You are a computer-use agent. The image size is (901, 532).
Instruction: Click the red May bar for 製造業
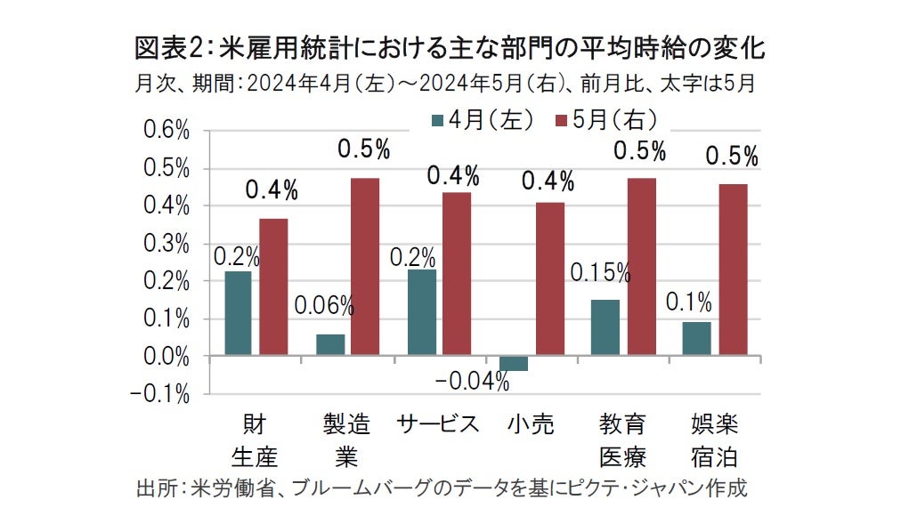pos(365,267)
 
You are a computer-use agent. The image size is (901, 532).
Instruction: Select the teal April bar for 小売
pos(514,363)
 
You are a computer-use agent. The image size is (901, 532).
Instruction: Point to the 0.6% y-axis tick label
pos(166,132)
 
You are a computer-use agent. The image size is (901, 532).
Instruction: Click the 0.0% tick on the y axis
pos(166,356)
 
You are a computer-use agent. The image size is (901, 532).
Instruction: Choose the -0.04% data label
pos(473,383)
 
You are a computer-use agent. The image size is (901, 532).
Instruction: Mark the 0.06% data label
pos(324,307)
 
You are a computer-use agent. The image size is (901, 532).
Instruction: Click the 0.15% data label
pos(601,273)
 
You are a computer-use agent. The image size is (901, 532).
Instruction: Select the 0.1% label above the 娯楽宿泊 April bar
pos(689,302)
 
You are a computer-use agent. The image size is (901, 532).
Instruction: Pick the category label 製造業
pos(346,439)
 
